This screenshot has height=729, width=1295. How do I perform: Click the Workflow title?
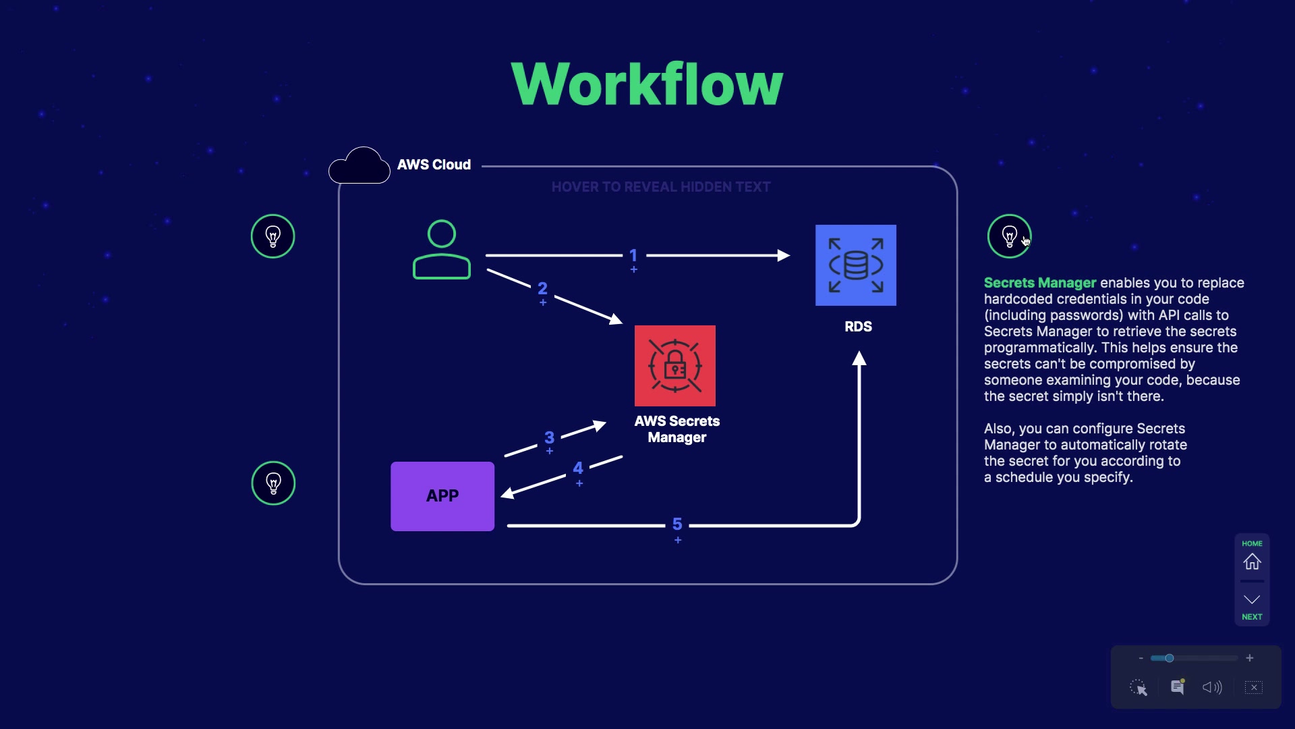click(647, 84)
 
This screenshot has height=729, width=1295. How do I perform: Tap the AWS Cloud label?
click(434, 165)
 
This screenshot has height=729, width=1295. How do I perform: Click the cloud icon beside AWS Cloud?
click(359, 165)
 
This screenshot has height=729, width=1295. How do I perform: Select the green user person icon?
click(442, 250)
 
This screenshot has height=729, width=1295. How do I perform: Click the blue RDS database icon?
click(855, 265)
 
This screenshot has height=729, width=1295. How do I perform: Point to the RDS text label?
click(858, 327)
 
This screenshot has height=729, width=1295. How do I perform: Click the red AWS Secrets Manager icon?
click(674, 366)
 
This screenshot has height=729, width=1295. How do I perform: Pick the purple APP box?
click(442, 496)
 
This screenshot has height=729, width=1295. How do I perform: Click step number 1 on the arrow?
click(633, 256)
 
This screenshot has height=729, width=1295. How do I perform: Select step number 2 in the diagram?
click(542, 289)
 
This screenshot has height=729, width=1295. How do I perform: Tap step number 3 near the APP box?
click(549, 438)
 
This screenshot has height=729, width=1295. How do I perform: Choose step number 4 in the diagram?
click(578, 468)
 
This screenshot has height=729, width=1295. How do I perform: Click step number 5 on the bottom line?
click(677, 524)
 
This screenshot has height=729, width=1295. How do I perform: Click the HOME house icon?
click(1252, 562)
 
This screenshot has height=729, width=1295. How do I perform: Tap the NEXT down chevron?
click(1252, 600)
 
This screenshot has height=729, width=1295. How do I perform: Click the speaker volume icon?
click(1212, 687)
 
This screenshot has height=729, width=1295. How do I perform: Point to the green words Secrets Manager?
click(1039, 283)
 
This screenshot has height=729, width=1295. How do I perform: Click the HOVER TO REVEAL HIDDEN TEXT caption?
click(660, 187)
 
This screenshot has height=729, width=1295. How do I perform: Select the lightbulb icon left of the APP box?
click(273, 483)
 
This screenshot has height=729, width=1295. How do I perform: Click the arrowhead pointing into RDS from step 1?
click(784, 256)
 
